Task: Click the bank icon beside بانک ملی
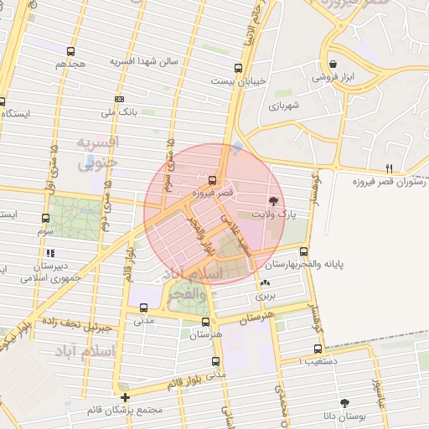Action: coord(119,99)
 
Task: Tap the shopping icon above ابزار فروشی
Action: coord(333,64)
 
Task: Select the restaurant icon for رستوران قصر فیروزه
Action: coord(388,168)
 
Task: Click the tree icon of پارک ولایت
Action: coord(273,200)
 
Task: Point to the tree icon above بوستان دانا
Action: coord(344,403)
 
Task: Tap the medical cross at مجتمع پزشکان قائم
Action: coord(125,397)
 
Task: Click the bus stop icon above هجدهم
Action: coord(71,51)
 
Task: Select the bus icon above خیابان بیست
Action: coord(238,68)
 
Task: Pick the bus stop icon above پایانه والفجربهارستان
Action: coord(303,251)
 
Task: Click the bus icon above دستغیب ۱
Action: coord(317,349)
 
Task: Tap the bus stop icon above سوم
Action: coord(44,217)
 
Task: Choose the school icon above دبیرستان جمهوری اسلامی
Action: coord(50,252)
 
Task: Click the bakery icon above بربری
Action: coord(266,283)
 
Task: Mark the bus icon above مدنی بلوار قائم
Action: coord(216,362)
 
